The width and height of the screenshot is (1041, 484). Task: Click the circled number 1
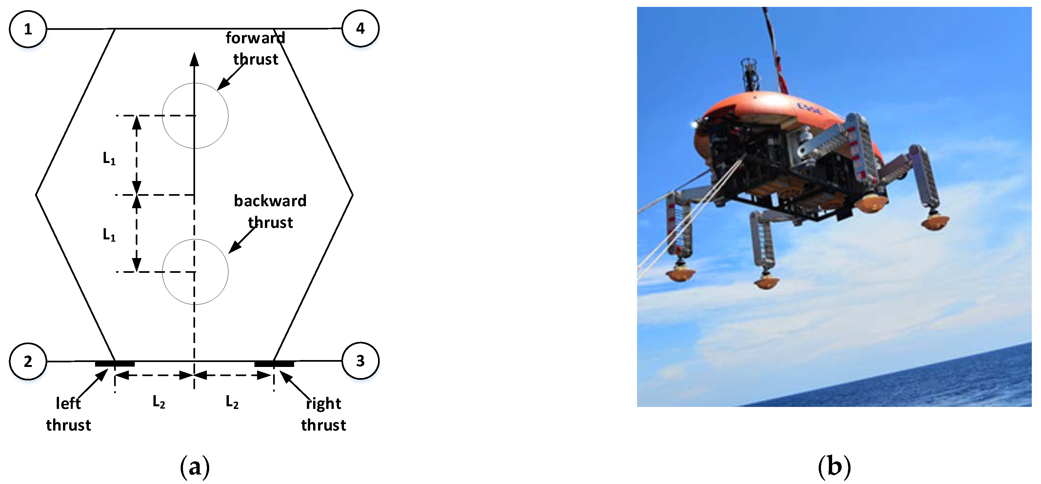[x=28, y=29]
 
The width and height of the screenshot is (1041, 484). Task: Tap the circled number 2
[x=28, y=361]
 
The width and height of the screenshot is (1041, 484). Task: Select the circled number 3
[x=360, y=361]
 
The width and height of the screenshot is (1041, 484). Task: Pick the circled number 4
[x=360, y=29]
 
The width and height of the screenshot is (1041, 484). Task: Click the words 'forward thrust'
[x=255, y=49]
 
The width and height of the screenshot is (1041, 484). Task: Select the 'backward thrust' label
[x=270, y=211]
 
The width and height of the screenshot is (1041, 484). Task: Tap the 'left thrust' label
[x=68, y=414]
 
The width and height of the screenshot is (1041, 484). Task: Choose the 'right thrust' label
[x=323, y=414]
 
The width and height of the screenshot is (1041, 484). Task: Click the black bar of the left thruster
[x=115, y=364]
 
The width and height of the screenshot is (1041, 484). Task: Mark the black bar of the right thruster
[x=274, y=364]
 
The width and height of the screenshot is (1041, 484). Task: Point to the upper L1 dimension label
[x=109, y=158]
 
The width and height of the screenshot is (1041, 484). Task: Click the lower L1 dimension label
[x=109, y=234]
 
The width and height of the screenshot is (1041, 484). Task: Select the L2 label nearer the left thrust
[x=159, y=402]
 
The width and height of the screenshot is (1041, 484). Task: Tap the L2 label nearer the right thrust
[x=232, y=402]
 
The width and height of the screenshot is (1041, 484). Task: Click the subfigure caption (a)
[x=195, y=466]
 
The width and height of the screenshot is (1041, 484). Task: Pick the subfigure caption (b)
[x=834, y=466]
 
